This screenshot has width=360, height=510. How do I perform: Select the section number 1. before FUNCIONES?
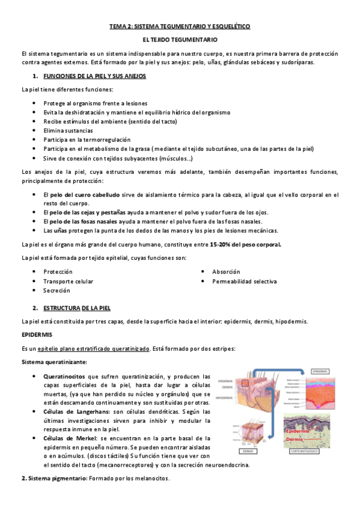coord(35,76)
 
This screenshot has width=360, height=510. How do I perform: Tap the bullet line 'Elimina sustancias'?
coord(68,130)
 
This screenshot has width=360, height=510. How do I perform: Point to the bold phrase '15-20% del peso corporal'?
coord(245,245)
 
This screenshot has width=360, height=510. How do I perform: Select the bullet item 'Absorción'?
coord(226,272)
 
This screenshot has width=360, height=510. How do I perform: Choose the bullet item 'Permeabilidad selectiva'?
coord(244,281)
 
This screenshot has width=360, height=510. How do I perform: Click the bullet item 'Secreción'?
coord(56,290)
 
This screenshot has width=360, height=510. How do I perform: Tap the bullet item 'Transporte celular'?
coord(68,281)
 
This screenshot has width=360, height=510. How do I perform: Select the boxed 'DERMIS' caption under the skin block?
coord(246,450)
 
